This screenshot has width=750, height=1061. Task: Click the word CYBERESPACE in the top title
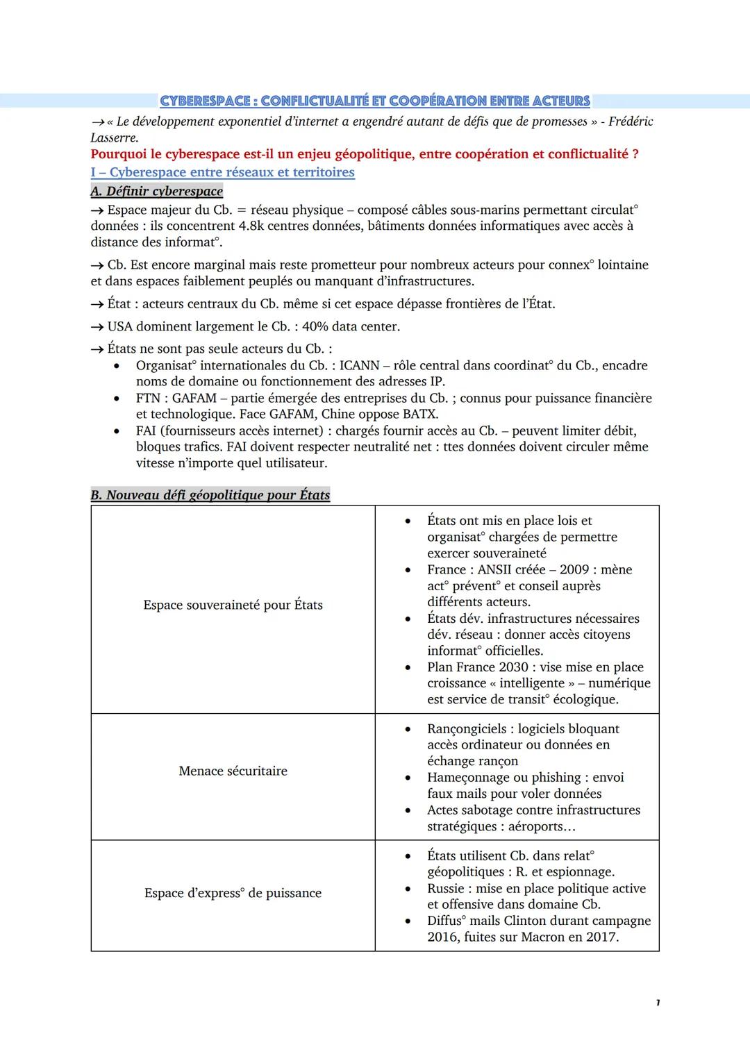tap(205, 101)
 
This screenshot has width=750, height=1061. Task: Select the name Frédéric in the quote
tap(631, 122)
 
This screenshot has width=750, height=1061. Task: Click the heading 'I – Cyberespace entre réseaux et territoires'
tap(222, 172)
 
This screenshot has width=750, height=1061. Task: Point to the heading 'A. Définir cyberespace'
tap(156, 191)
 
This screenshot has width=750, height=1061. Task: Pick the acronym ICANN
tap(359, 365)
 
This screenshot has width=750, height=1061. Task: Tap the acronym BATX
tap(422, 414)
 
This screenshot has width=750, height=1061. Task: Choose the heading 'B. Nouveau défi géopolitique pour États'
tap(210, 495)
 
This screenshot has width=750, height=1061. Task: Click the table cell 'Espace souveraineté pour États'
tap(233, 605)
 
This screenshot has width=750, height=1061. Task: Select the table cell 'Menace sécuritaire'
tap(233, 771)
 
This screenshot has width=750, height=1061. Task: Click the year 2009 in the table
tap(574, 569)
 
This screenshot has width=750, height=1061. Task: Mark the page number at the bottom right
tap(657, 1003)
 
